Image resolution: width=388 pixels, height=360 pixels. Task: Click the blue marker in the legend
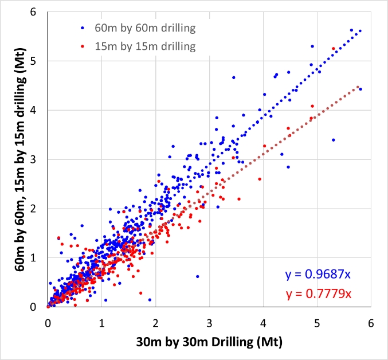[x=82, y=27]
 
